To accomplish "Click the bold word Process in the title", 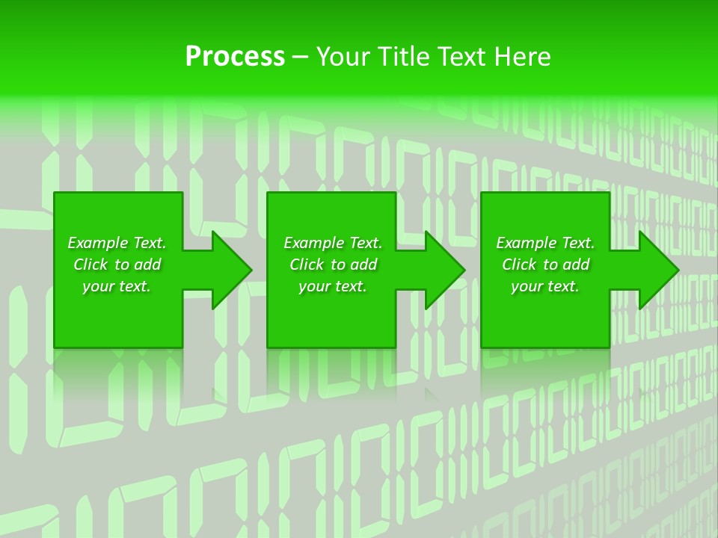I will [x=235, y=57].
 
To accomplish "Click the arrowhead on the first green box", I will [x=229, y=270].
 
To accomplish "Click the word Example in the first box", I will [x=98, y=243].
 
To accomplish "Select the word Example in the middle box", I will [x=314, y=243].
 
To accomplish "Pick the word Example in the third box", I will [x=527, y=243].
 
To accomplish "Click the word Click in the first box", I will [x=90, y=265].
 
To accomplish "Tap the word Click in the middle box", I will [x=307, y=265].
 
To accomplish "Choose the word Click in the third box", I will [x=519, y=265].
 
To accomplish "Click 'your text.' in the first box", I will [x=117, y=286].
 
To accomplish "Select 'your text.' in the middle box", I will [x=333, y=286].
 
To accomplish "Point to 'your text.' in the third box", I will [x=545, y=286].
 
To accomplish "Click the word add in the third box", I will [x=577, y=265].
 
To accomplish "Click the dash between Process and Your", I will [x=301, y=57].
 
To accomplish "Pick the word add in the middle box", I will [x=364, y=265].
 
